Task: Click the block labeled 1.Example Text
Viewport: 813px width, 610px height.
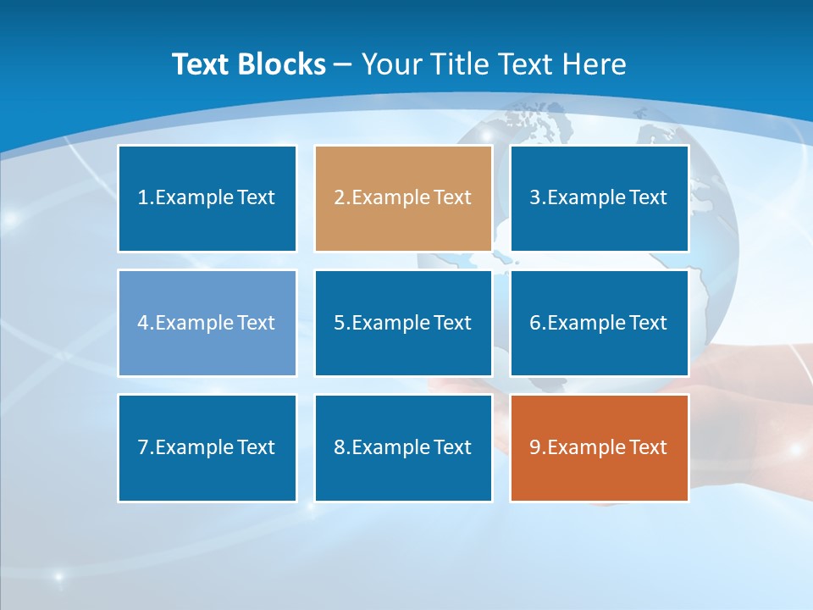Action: coord(207,198)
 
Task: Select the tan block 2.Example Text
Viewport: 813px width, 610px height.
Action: coord(403,198)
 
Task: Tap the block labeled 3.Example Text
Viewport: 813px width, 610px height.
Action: coord(599,198)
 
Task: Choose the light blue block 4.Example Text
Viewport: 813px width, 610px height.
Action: coord(207,323)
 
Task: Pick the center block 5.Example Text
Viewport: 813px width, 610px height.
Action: coord(403,323)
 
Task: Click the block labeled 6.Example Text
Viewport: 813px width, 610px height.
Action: coord(599,323)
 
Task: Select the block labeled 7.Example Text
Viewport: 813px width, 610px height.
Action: coord(207,447)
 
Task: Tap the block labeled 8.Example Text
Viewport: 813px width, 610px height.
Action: coord(403,447)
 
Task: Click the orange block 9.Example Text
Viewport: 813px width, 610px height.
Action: coord(599,447)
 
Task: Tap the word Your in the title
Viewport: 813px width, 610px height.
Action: coord(393,64)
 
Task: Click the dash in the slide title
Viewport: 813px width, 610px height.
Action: coord(343,64)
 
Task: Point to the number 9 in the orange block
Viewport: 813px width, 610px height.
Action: coord(535,447)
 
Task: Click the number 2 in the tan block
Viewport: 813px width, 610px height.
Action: coord(339,198)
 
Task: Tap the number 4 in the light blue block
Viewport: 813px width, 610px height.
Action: coord(143,323)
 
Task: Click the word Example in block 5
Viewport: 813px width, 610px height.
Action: coord(390,323)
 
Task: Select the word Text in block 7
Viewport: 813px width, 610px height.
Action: coord(256,447)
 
